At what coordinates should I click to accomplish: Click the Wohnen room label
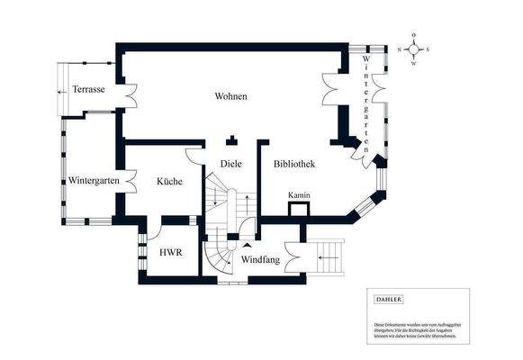pyautogui.click(x=230, y=96)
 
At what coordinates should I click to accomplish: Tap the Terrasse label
pyautogui.click(x=90, y=90)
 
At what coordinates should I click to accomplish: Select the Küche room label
pyautogui.click(x=169, y=181)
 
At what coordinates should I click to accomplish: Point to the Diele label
pyautogui.click(x=231, y=164)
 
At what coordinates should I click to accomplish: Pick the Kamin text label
pyautogui.click(x=299, y=195)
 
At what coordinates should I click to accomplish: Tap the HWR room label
pyautogui.click(x=171, y=253)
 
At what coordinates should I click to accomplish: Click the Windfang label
pyautogui.click(x=260, y=259)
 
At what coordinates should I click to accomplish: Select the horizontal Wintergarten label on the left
pyautogui.click(x=94, y=181)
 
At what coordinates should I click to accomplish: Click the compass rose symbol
pyautogui.click(x=414, y=49)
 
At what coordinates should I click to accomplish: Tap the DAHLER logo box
pyautogui.click(x=389, y=300)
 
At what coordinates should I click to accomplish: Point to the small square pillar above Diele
pyautogui.click(x=231, y=139)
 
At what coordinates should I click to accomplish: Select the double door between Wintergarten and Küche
pyautogui.click(x=129, y=182)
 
